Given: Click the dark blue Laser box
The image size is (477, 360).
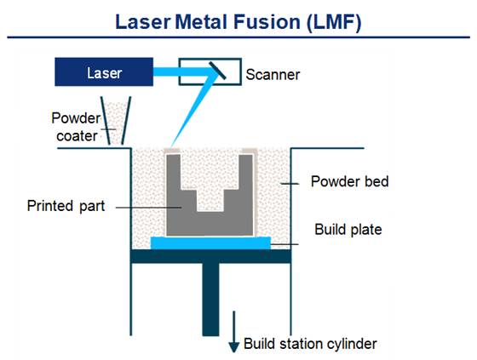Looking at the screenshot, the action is coord(104,72).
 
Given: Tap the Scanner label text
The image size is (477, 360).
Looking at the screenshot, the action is coord(273,75).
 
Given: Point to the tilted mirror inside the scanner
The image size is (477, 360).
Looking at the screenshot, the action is coord(217,71).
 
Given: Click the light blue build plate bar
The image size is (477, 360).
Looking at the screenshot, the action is coord(210,243).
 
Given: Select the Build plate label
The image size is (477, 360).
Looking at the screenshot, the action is coord(348,229).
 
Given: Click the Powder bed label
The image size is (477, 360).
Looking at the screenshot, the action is coord(350,181).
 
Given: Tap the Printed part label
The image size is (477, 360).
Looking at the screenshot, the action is coord(66,206).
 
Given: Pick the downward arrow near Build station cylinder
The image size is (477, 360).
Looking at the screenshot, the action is coord(234,332).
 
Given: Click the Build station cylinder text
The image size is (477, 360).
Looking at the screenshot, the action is coord(310,344).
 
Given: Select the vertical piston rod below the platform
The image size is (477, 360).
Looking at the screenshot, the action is coord(210,300).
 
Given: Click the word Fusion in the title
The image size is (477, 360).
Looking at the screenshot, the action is coord(267,22).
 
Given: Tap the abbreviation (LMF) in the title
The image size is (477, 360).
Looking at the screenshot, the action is coord(334,22).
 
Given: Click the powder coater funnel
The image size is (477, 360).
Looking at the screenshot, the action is coord(116,121).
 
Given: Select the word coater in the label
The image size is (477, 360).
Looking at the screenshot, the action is coord(77,136).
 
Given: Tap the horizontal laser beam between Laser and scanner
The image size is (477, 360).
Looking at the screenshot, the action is coord(182,71).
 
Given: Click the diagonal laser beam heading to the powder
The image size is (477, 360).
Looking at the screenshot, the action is coord(194,110).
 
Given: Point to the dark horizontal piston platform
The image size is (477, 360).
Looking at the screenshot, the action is coord(211,256).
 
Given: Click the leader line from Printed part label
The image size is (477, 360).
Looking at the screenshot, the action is coord(149,208).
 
